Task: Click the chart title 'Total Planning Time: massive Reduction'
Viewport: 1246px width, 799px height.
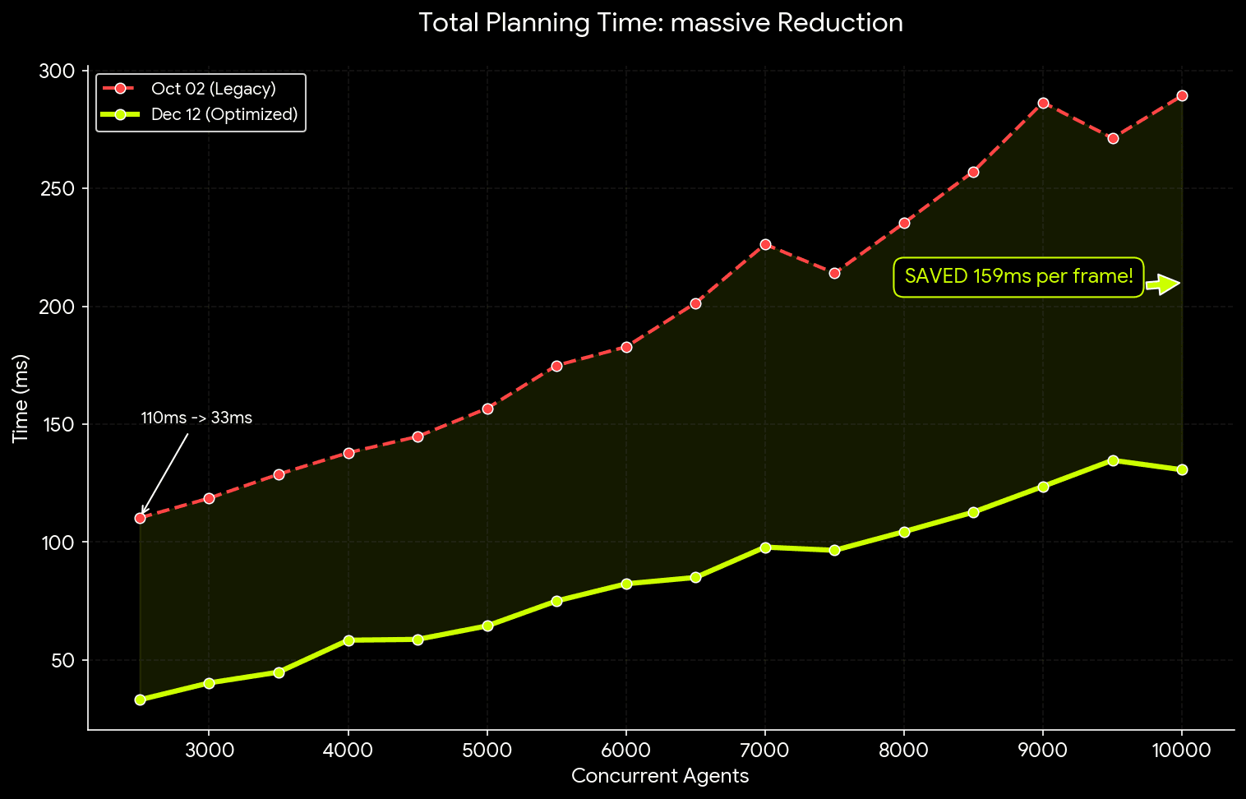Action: pyautogui.click(x=660, y=22)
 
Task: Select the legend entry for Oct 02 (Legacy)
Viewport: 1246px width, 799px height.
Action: pyautogui.click(x=213, y=89)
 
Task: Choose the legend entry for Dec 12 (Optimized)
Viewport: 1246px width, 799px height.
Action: pyautogui.click(x=224, y=114)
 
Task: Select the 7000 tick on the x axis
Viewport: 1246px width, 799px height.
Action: pyautogui.click(x=765, y=750)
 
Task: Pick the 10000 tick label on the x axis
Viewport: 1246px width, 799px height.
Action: pyautogui.click(x=1181, y=750)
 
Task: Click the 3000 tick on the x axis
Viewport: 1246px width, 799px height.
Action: pyautogui.click(x=209, y=750)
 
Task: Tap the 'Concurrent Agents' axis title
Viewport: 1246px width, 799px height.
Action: pyautogui.click(x=660, y=776)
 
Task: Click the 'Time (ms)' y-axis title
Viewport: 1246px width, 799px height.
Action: pyautogui.click(x=21, y=399)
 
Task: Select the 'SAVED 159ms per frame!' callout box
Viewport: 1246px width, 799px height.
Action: pyautogui.click(x=1018, y=276)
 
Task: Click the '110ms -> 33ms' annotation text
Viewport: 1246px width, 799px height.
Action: pyautogui.click(x=196, y=418)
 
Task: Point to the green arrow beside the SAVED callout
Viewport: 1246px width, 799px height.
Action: pyautogui.click(x=1163, y=284)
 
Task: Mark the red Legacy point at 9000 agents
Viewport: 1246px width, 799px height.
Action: pyautogui.click(x=1043, y=103)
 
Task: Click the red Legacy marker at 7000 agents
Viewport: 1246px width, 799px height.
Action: pyautogui.click(x=765, y=244)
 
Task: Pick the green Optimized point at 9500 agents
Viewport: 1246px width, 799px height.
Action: pyautogui.click(x=1113, y=460)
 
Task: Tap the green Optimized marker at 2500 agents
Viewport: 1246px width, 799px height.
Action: pyautogui.click(x=140, y=700)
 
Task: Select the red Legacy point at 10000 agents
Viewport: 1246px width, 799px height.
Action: pyautogui.click(x=1182, y=95)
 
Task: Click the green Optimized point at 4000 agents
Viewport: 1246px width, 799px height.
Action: pyautogui.click(x=348, y=640)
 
